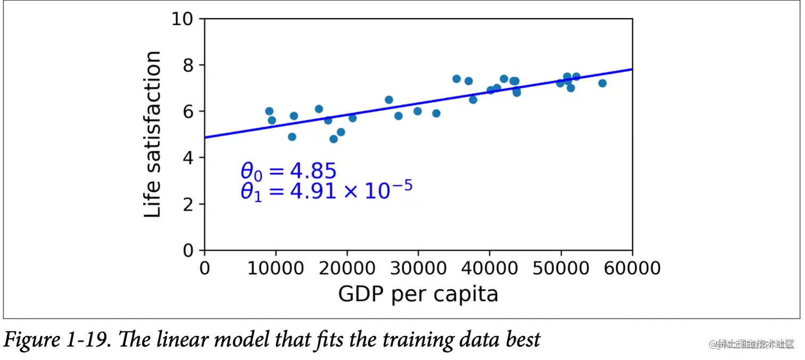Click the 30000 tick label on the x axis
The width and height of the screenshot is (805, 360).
pos(418,267)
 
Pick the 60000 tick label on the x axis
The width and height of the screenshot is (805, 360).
pos(632,267)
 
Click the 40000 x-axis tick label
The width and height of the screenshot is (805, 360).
pos(489,267)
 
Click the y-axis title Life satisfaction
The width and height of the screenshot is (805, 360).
pos(153,134)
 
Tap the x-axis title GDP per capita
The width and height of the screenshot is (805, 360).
pos(418,293)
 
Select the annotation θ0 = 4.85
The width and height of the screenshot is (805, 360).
pos(289,171)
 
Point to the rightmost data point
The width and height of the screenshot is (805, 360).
pos(602,83)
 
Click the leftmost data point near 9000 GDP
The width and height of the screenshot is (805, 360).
pos(269,111)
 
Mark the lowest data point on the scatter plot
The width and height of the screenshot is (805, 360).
pos(334,139)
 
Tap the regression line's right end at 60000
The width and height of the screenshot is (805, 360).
pos(631,69)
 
